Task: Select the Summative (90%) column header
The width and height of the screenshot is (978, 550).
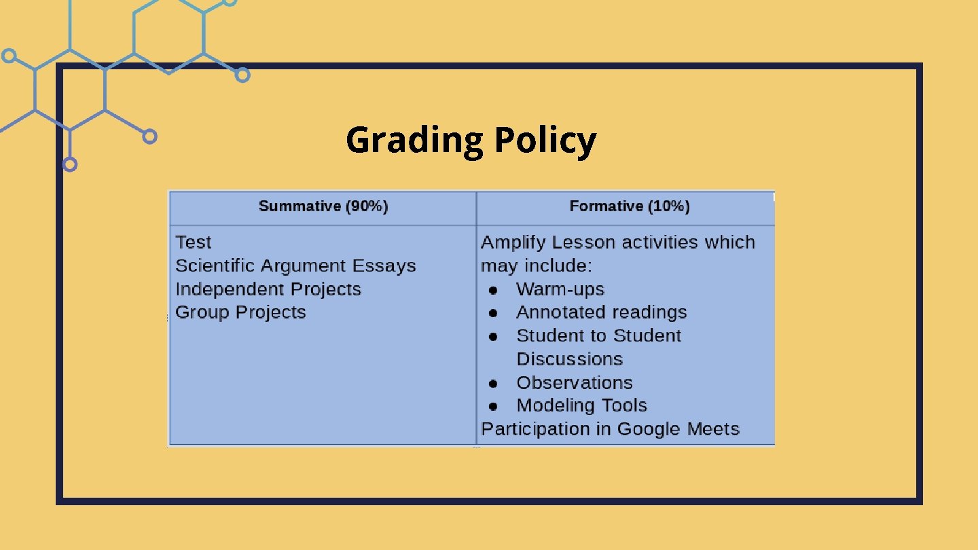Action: tap(323, 206)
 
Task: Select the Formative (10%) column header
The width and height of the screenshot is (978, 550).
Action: tap(629, 206)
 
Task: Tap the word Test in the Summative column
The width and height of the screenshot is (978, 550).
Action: tap(194, 242)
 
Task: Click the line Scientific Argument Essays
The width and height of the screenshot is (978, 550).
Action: tap(295, 265)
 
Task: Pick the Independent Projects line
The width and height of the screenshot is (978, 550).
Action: tap(268, 289)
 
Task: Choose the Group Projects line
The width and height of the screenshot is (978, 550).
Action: tap(240, 312)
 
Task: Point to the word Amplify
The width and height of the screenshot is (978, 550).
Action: tap(513, 242)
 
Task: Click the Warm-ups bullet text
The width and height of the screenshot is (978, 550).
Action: tap(560, 289)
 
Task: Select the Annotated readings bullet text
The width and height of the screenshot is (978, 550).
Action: tap(602, 312)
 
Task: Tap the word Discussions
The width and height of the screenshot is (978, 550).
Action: tap(570, 359)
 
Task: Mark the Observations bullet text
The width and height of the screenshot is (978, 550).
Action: tap(575, 382)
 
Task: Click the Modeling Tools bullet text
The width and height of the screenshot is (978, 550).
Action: tap(582, 405)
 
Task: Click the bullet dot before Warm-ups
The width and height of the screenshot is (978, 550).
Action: tap(494, 290)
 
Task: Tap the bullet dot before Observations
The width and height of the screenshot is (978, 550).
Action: tap(494, 383)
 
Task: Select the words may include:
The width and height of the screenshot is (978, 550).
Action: tap(537, 265)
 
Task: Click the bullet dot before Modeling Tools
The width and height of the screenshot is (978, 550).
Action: tap(494, 406)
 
